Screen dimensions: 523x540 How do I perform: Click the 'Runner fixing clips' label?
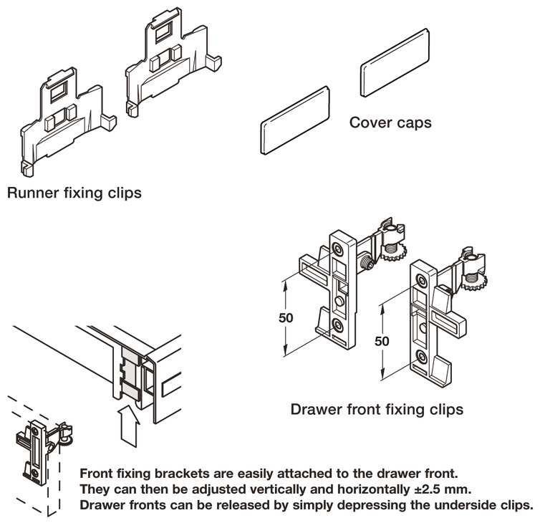click(73, 193)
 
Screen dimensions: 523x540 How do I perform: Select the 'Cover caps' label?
click(390, 123)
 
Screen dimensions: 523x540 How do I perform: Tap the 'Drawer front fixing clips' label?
click(376, 410)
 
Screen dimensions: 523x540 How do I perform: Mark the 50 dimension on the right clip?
click(382, 341)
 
